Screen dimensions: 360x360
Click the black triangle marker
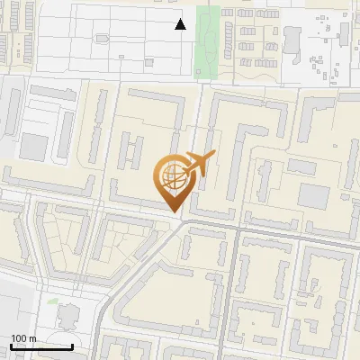(x=181, y=24)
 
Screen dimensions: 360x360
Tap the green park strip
(x=208, y=40)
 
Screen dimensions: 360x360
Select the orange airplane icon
(x=199, y=164)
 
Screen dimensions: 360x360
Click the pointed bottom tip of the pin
(x=174, y=211)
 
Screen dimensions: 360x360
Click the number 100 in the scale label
(x=19, y=338)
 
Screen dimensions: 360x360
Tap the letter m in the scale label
(x=32, y=338)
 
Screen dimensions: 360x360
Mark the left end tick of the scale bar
(x=11, y=346)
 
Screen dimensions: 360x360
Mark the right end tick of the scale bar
(x=72, y=346)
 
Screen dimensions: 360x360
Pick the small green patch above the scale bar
(x=53, y=301)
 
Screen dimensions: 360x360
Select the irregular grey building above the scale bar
(x=68, y=316)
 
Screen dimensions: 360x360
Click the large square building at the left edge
(x=33, y=147)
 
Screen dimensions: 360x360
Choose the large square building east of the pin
(x=314, y=195)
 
